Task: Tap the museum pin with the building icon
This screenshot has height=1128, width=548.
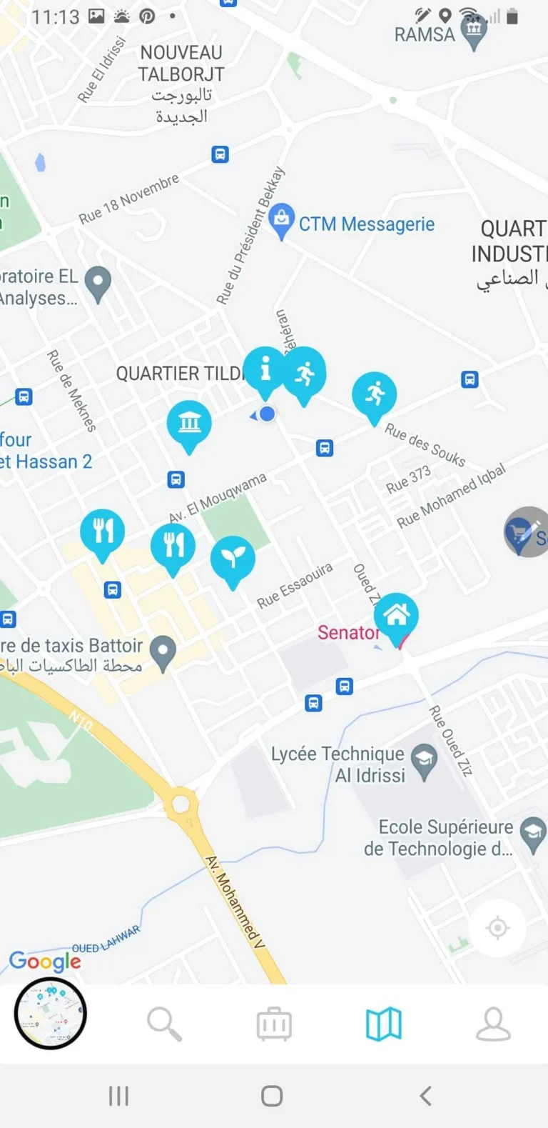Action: pyautogui.click(x=189, y=423)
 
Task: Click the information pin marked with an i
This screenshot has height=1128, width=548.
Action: pyautogui.click(x=265, y=369)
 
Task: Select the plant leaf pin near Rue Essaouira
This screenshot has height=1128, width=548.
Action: pyautogui.click(x=233, y=559)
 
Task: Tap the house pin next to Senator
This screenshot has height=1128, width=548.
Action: pyautogui.click(x=396, y=615)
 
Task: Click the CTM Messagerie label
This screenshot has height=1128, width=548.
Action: pyautogui.click(x=366, y=224)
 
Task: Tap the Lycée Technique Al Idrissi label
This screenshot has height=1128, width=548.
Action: pyautogui.click(x=338, y=764)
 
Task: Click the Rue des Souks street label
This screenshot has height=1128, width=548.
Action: pyautogui.click(x=425, y=444)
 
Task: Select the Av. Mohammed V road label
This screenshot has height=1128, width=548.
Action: pyautogui.click(x=235, y=902)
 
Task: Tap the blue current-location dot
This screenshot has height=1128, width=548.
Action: pyautogui.click(x=267, y=414)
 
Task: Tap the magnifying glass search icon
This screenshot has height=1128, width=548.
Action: pyautogui.click(x=164, y=1024)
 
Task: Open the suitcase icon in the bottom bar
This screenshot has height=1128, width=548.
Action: pyautogui.click(x=274, y=1024)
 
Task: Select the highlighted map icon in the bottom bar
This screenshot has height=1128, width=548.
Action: pyautogui.click(x=383, y=1024)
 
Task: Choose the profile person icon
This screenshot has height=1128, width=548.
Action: pyautogui.click(x=493, y=1024)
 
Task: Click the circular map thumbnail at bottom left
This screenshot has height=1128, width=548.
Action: pyautogui.click(x=51, y=1013)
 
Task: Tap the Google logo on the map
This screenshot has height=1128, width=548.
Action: pyautogui.click(x=44, y=962)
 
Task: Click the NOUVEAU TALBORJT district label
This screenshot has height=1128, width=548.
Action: pyautogui.click(x=181, y=63)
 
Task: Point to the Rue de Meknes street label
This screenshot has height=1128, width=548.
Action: pyautogui.click(x=71, y=390)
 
